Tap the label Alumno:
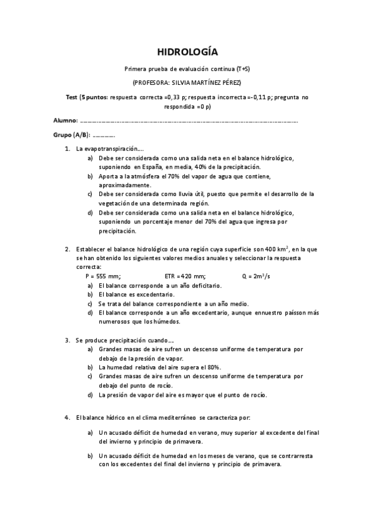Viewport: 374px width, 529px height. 65,119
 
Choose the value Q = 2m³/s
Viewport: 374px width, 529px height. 255,274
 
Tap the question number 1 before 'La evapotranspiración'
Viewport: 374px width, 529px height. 67,149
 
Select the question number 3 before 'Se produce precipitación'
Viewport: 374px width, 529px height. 67,341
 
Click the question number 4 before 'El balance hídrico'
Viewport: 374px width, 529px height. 67,417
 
